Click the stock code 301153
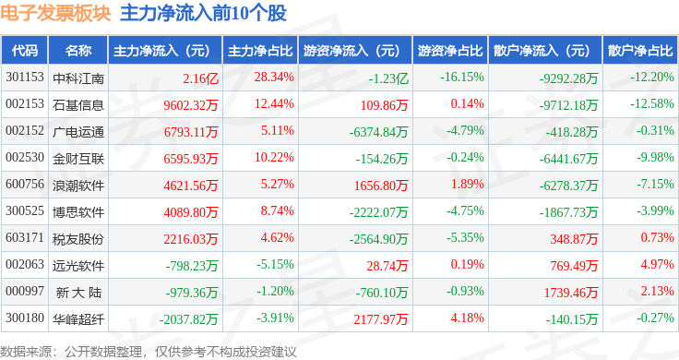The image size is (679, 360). point(25,78)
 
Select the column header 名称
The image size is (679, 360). point(78,51)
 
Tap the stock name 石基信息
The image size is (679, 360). point(78,105)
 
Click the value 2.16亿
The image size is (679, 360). point(200,78)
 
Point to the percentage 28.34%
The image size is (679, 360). point(274,78)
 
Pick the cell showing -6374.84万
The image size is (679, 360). point(378,132)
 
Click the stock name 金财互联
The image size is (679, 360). point(78,159)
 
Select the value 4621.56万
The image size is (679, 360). point(191,186)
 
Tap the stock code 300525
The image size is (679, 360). point(25,211)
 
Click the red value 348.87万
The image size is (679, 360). point(574,239)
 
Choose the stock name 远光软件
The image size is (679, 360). point(78,266)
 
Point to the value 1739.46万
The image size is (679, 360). point(571,293)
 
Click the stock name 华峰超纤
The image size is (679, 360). point(78,319)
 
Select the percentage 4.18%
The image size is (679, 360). point(467,318)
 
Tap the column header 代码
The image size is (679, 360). point(25,51)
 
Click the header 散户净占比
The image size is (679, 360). point(640,51)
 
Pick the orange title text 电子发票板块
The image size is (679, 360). point(55,14)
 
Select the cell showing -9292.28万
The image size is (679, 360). point(568,78)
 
